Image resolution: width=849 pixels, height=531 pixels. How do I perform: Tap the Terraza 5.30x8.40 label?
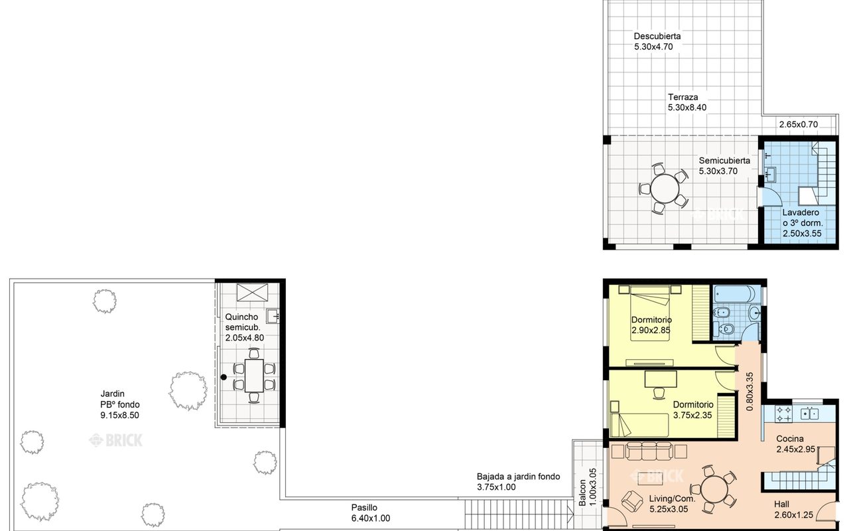pos(687,102)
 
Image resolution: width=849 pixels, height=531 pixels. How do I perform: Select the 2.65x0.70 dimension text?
pos(799,124)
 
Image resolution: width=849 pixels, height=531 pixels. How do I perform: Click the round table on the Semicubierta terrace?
pos(665,189)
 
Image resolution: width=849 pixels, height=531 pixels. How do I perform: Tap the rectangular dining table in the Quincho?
pos(254,376)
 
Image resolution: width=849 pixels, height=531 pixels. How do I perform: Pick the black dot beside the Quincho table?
pos(224,377)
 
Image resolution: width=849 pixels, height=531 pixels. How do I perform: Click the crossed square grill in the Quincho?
pos(252,292)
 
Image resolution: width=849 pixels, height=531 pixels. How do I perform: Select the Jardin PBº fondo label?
pos(120,404)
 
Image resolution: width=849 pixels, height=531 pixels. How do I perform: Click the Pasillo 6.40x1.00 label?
pos(370,513)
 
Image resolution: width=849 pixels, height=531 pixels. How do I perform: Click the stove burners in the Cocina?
pos(783,414)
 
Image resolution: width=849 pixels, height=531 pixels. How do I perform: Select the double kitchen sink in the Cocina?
pos(809,414)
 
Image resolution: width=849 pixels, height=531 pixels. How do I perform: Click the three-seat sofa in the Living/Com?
pos(649,451)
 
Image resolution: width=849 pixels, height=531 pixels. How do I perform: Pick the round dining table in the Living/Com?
pos(714,489)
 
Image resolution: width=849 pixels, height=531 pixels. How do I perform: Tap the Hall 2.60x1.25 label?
pos(793,509)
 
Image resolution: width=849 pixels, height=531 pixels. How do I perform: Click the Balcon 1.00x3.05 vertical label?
pos(588,487)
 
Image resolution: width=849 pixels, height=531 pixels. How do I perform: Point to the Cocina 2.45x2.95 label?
pos(795,444)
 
